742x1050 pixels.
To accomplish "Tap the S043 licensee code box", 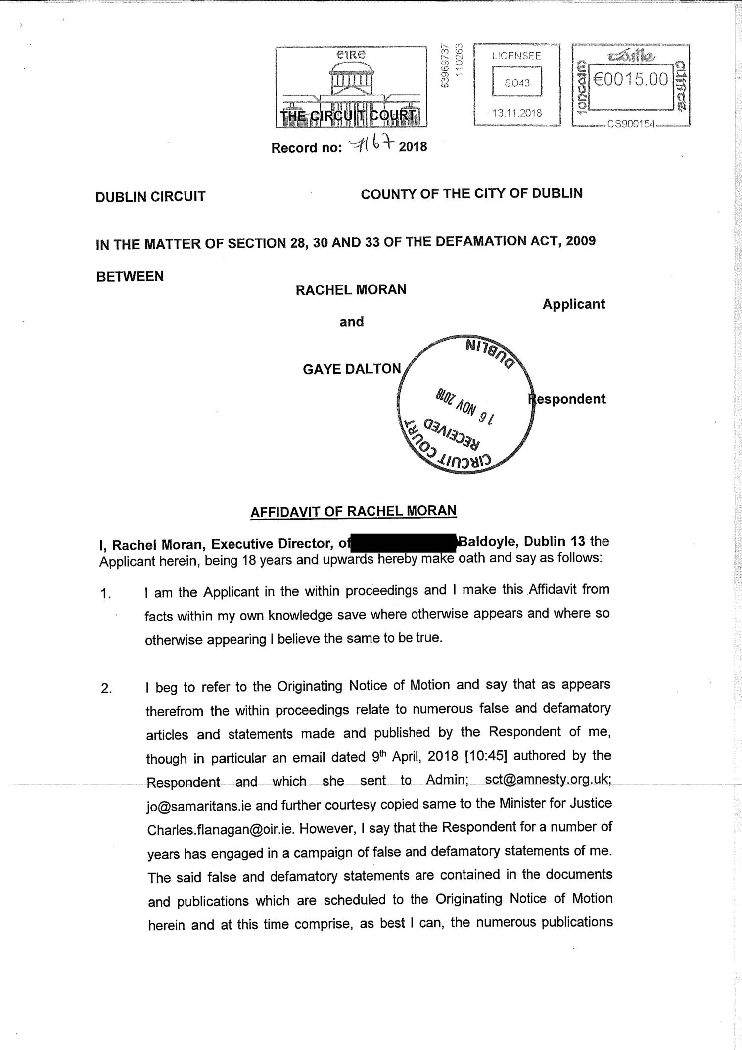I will pos(517,83).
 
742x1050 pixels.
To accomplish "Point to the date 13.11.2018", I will pos(518,113).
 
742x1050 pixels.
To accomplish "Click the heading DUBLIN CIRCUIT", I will pos(150,197).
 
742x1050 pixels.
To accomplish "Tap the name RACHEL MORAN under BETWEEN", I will pos(351,290).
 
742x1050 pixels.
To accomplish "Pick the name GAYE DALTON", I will pos(352,369).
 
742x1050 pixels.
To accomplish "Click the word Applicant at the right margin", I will pos(574,304).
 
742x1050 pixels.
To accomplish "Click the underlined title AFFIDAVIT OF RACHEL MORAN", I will pos(354,511).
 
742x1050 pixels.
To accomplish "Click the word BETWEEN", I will pos(130,276).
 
